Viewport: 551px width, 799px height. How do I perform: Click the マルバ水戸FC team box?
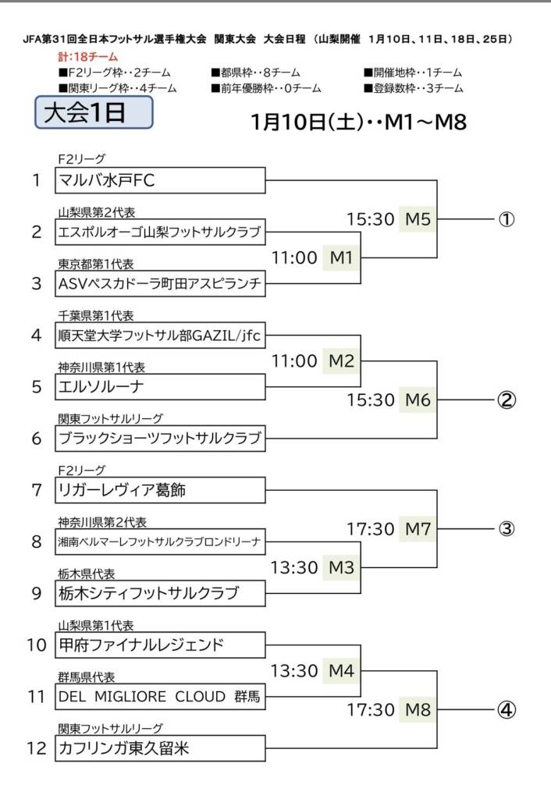pyautogui.click(x=161, y=181)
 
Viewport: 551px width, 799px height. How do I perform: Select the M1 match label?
pyautogui.click(x=341, y=257)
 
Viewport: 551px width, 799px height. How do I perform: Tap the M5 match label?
pyautogui.click(x=418, y=219)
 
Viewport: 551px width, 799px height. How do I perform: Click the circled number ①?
pyautogui.click(x=506, y=219)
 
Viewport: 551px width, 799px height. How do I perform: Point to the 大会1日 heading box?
pyautogui.click(x=94, y=113)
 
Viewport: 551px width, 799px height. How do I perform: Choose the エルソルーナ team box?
pyautogui.click(x=161, y=387)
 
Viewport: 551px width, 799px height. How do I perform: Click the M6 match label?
pyautogui.click(x=418, y=400)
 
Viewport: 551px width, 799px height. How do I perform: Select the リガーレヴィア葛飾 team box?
pyautogui.click(x=161, y=491)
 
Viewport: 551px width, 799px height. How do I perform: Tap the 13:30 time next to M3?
pyautogui.click(x=294, y=567)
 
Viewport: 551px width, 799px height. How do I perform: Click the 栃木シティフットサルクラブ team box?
pyautogui.click(x=161, y=593)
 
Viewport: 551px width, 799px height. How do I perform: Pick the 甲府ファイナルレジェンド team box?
pyautogui.click(x=161, y=645)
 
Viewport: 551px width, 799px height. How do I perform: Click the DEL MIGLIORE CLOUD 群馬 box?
pyautogui.click(x=161, y=697)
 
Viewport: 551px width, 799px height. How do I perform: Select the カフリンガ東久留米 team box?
pyautogui.click(x=161, y=749)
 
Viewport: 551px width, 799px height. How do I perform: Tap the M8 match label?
pyautogui.click(x=418, y=710)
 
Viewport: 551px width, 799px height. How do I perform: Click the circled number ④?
pyautogui.click(x=506, y=710)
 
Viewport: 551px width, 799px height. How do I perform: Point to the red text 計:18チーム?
pyautogui.click(x=87, y=57)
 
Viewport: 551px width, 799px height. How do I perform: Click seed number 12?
pyautogui.click(x=37, y=749)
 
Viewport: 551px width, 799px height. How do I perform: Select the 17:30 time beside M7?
pyautogui.click(x=371, y=529)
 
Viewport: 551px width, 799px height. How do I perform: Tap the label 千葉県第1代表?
pyautogui.click(x=96, y=316)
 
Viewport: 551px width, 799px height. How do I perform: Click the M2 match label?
pyautogui.click(x=341, y=360)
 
